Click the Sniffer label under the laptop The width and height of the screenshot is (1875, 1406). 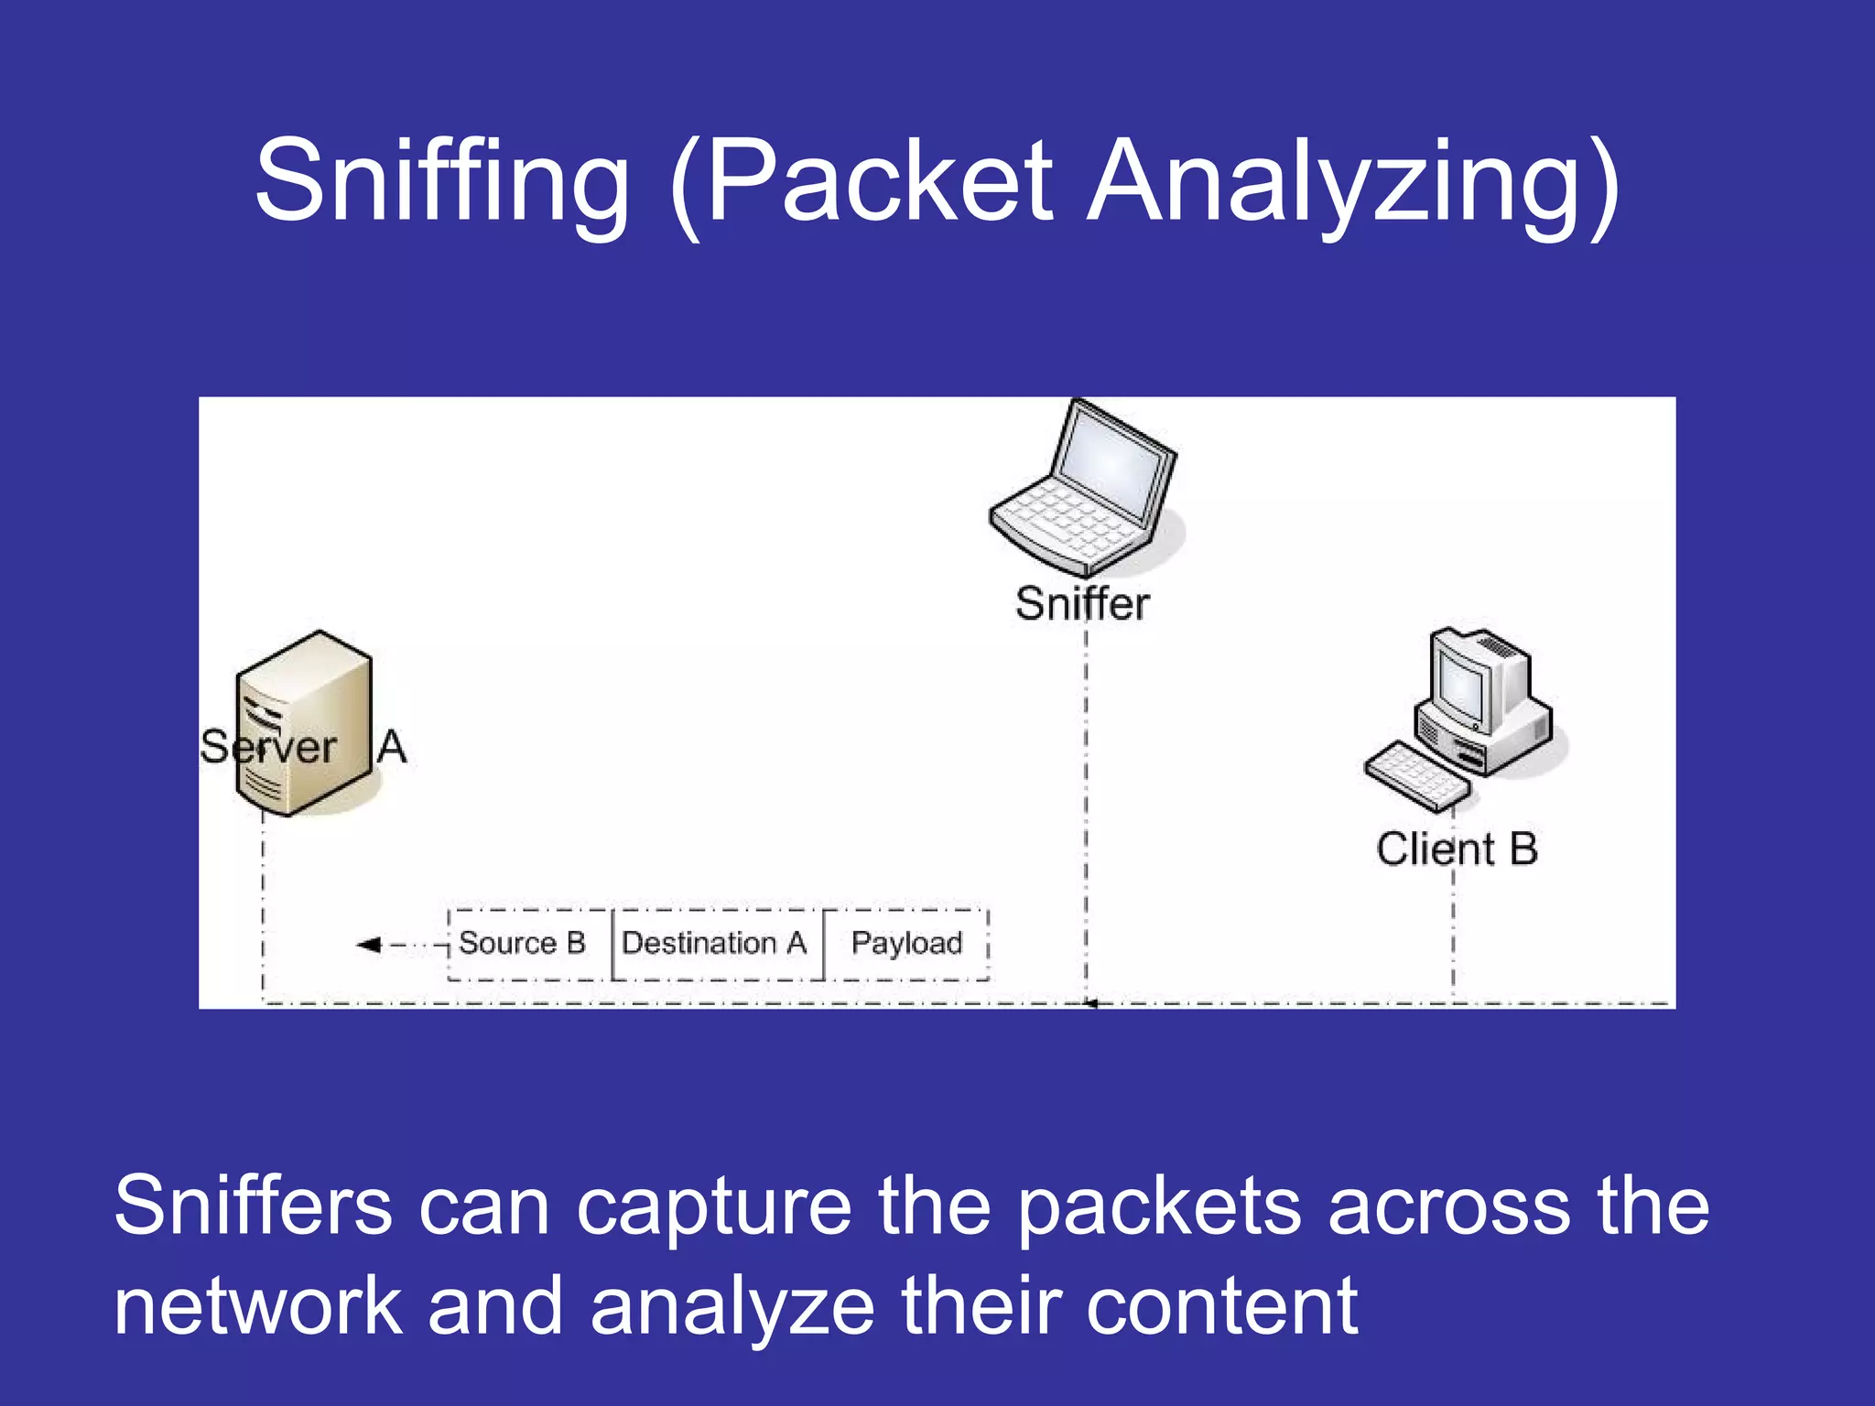point(1082,604)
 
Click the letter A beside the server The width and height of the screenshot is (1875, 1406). point(392,746)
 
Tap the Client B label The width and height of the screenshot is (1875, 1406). point(1456,849)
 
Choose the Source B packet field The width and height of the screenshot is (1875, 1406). point(523,943)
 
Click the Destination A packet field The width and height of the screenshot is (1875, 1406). point(714,943)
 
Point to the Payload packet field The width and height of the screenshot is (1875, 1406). point(906,943)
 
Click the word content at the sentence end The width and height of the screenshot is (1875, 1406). point(1221,1307)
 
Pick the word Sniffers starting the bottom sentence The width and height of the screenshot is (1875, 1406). point(253,1206)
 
